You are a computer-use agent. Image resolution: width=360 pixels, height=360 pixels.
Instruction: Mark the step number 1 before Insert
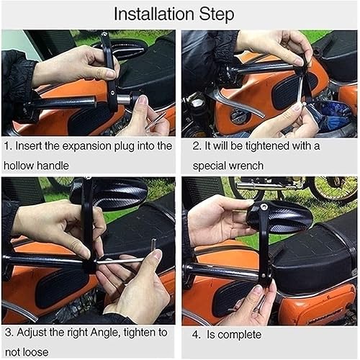(x=7, y=146)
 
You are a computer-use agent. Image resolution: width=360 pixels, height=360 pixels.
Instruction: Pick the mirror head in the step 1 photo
(x=127, y=49)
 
